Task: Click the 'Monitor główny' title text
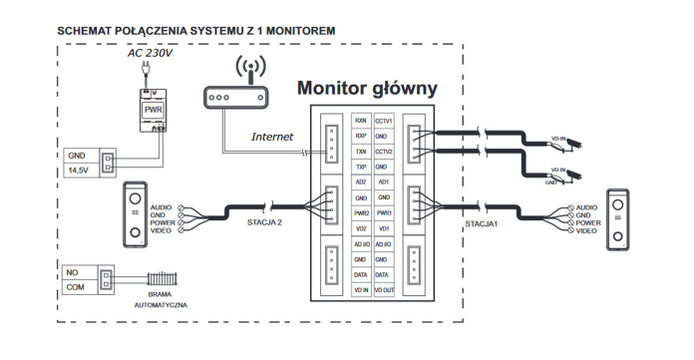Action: tap(367, 88)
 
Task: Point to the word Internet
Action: tap(272, 137)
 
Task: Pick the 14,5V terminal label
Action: tap(78, 172)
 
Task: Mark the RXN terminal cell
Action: tap(361, 120)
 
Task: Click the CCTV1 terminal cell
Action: tap(384, 120)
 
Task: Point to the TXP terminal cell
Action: tap(361, 167)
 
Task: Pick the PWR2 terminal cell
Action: tap(361, 212)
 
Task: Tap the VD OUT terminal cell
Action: tap(384, 289)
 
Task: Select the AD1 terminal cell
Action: tap(384, 182)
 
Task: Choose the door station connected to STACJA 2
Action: tap(132, 213)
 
